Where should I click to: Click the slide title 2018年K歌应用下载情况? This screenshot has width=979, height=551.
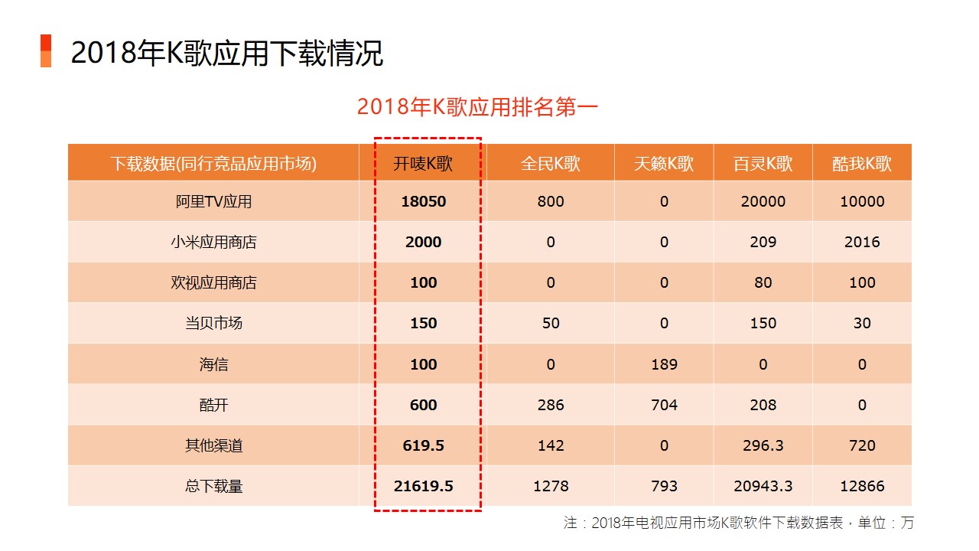[x=227, y=53]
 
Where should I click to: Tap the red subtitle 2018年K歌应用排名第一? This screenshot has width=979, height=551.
[x=477, y=107]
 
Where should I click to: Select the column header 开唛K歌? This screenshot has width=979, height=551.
[x=423, y=164]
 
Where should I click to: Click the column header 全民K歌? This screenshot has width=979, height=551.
[x=550, y=164]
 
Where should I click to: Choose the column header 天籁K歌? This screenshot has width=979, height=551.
[x=664, y=164]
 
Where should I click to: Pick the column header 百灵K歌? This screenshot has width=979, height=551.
[x=763, y=164]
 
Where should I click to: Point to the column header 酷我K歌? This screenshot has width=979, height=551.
[x=862, y=164]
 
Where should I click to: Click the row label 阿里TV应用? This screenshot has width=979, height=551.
[x=213, y=201]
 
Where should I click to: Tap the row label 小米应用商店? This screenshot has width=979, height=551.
[x=213, y=242]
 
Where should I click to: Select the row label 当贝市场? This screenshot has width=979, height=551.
[x=213, y=323]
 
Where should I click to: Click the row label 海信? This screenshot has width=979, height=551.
[x=213, y=364]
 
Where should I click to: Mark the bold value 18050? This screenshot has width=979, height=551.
[x=424, y=201]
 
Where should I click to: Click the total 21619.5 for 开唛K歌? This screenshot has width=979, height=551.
[x=424, y=486]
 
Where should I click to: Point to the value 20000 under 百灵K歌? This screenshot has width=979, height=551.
[x=763, y=201]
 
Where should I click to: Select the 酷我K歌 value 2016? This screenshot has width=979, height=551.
[x=862, y=242]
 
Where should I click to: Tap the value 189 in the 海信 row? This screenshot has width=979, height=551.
[x=665, y=364]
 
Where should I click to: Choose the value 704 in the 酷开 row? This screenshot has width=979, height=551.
[x=665, y=405]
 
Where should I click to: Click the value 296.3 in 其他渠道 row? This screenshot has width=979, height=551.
[x=763, y=445]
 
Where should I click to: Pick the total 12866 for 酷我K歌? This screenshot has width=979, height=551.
[x=862, y=486]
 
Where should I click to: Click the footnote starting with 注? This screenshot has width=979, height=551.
[x=738, y=523]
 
